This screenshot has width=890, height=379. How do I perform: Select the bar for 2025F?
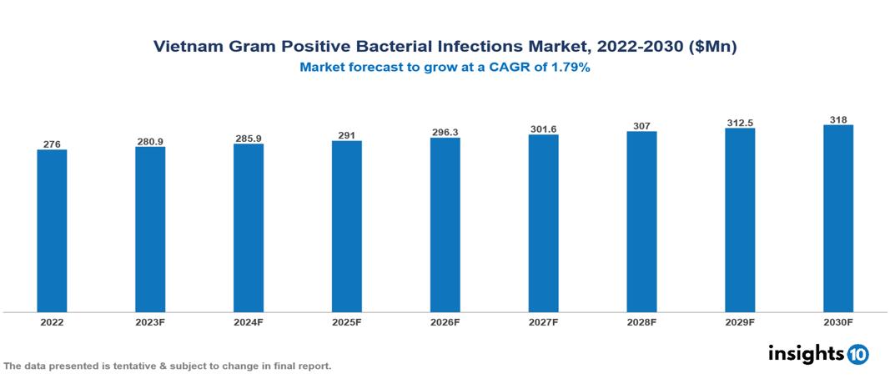tap(347, 226)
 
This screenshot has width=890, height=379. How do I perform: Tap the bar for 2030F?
tap(838, 219)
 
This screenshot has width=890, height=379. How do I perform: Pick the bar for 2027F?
tap(543, 224)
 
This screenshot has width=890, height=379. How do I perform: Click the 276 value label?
tap(52, 144)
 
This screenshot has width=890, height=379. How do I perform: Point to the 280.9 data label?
tap(150, 141)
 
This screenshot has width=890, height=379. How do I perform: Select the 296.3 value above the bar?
tap(445, 132)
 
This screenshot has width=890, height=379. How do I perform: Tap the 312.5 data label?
tap(740, 123)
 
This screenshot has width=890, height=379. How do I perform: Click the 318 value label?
tap(838, 120)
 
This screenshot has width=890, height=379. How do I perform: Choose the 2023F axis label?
tap(150, 321)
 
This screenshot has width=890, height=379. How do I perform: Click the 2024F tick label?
tap(249, 321)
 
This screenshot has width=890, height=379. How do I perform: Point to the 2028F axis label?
tap(641, 321)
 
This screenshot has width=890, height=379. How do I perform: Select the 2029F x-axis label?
tap(740, 321)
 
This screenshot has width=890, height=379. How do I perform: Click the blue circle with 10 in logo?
tap(857, 354)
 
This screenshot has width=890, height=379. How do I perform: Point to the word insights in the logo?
tap(806, 353)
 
